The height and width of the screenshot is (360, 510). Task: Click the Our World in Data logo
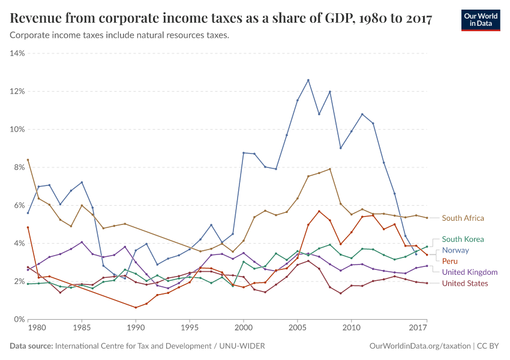480,19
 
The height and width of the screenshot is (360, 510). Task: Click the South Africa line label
463,218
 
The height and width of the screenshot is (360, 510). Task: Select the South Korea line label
463,239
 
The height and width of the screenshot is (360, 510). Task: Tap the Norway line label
455,250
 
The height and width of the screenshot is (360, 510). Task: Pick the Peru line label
450,261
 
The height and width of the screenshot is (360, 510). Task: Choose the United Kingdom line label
470,272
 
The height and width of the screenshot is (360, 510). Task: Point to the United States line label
465,283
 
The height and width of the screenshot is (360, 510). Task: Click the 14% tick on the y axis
17,53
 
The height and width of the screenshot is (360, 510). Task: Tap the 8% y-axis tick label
19,167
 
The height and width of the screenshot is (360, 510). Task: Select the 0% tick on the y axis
19,319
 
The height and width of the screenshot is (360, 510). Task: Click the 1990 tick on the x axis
136,329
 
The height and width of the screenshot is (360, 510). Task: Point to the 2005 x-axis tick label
297,329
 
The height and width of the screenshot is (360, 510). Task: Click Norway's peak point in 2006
308,80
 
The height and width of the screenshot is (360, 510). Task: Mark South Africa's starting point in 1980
28,160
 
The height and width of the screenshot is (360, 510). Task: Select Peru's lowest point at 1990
136,308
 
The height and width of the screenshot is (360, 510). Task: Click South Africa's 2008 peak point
330,169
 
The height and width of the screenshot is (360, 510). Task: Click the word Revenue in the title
36,19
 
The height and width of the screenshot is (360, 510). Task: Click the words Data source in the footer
31,346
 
